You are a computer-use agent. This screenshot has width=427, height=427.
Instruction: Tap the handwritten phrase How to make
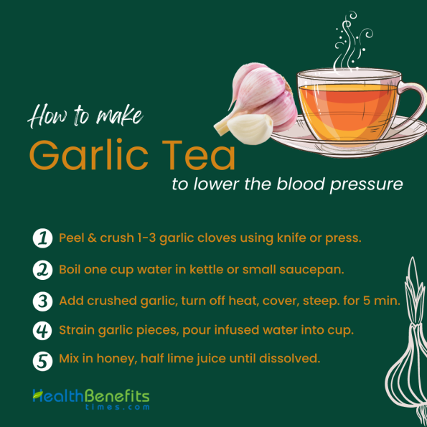coord(85,116)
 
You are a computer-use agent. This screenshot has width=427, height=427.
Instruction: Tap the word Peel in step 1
coord(72,238)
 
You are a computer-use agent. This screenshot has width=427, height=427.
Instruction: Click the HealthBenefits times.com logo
coord(90,398)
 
